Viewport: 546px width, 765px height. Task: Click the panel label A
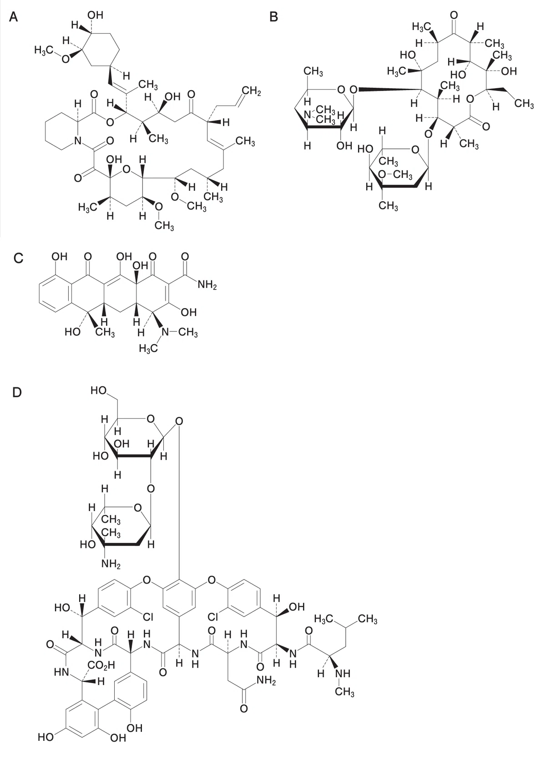(13, 16)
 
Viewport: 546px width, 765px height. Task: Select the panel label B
(273, 16)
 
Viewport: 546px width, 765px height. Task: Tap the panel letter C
(19, 258)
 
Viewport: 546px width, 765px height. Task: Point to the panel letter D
(17, 392)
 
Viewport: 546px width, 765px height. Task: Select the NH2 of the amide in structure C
(207, 285)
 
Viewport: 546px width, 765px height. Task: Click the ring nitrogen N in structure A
(78, 140)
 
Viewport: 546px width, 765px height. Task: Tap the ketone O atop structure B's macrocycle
(454, 15)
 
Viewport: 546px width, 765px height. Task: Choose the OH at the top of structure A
(95, 15)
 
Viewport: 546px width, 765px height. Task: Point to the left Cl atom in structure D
(147, 617)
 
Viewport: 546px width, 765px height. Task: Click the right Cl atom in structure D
(213, 617)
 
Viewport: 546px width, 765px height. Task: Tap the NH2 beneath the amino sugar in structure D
(111, 564)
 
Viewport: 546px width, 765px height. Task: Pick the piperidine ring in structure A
(62, 131)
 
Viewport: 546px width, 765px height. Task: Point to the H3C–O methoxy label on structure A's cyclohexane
(52, 54)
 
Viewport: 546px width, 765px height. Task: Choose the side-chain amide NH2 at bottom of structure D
(266, 680)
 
